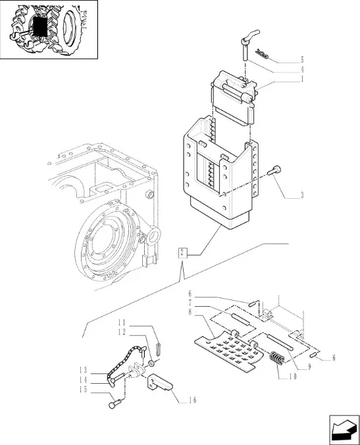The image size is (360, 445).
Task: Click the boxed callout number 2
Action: coord(183,253)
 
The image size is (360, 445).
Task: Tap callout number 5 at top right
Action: coord(302,60)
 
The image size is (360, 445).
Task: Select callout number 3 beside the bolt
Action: coord(302,196)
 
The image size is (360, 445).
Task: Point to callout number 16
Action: coord(192,400)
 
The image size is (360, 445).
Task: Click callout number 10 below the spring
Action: coord(293,377)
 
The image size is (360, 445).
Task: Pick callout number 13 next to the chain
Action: coord(83,371)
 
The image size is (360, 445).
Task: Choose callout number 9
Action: coord(309,367)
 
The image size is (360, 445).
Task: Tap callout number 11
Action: coord(122,323)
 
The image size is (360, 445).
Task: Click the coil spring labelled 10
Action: coord(276,359)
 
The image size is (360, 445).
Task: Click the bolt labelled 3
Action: coord(274,170)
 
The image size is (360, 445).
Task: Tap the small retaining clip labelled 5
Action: coord(261,53)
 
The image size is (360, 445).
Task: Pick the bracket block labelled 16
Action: coord(160,383)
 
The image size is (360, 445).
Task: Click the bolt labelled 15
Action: coord(115,404)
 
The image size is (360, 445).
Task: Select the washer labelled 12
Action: coord(151,363)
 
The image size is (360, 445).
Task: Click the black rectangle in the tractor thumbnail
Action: coord(39,26)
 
